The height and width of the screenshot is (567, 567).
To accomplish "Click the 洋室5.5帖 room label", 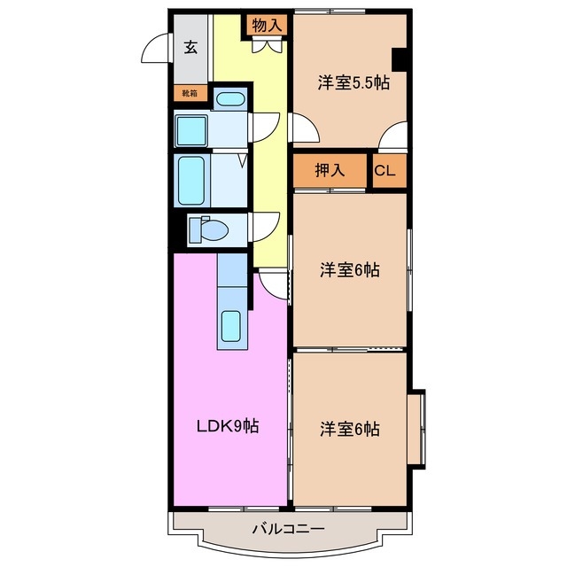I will tap(353, 82).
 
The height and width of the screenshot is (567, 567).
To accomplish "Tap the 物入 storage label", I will tap(268, 26).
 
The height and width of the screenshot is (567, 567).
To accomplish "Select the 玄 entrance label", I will tap(190, 48).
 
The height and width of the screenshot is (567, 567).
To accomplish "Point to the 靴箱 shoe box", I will tap(190, 92).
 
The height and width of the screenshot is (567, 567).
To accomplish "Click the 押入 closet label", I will tap(330, 171).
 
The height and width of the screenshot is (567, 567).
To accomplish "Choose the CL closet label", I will tap(385, 171).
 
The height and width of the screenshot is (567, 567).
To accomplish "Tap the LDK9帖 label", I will tap(227, 426).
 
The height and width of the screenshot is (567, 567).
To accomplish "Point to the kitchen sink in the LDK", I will tap(231, 327).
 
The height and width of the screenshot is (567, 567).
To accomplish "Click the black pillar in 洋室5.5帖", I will tap(400, 58).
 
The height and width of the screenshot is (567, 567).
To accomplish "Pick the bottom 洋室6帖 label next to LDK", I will tap(350, 430).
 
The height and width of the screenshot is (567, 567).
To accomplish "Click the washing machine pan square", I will tap(190, 131).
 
